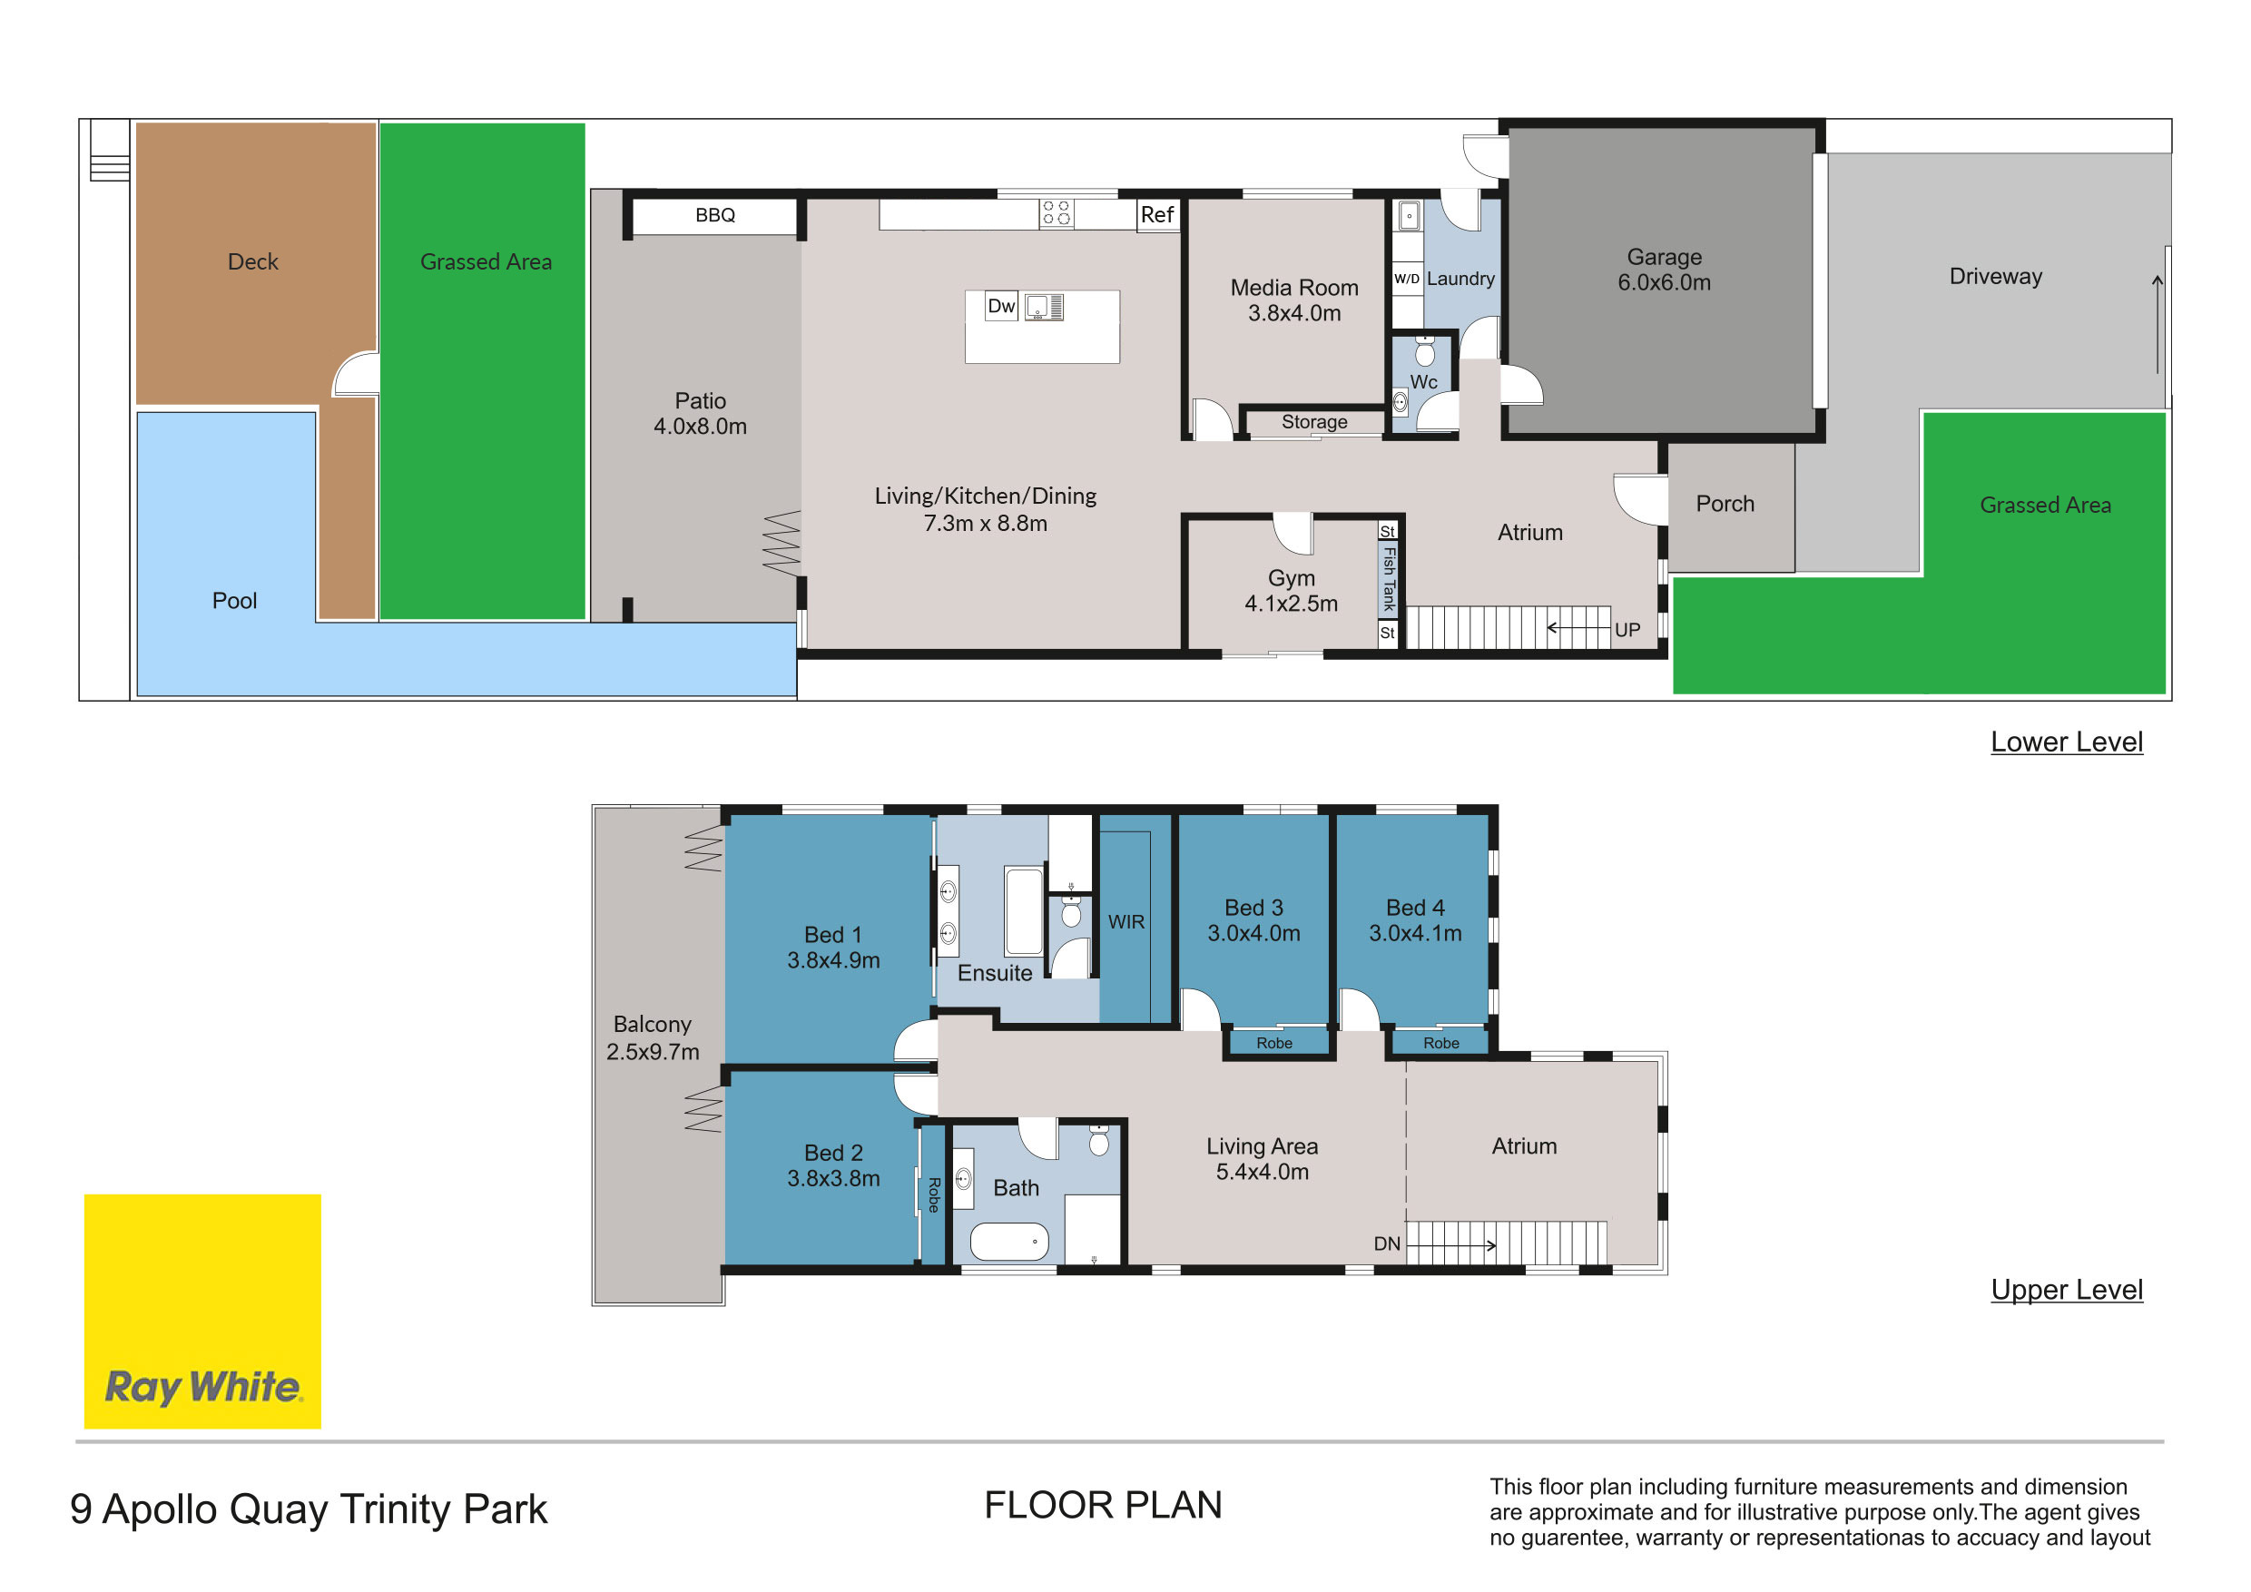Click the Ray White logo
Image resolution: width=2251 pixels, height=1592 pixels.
(x=202, y=1311)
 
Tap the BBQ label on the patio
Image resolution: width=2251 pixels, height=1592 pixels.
(x=714, y=216)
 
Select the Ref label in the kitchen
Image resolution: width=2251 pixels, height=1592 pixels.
(x=1157, y=215)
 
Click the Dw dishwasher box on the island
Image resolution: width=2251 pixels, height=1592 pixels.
(x=1001, y=307)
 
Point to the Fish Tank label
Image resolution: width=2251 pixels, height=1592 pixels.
(x=1388, y=578)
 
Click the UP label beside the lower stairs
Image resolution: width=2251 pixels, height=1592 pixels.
(x=1627, y=630)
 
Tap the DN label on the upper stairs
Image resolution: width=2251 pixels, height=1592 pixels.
(x=1386, y=1244)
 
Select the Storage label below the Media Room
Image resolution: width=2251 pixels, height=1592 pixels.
(x=1313, y=421)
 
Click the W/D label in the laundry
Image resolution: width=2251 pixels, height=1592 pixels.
(x=1407, y=280)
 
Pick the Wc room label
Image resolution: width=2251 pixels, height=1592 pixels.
(x=1423, y=382)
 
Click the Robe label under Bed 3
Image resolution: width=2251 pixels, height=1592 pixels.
(x=1274, y=1043)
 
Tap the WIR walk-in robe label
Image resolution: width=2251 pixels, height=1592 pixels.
(x=1126, y=922)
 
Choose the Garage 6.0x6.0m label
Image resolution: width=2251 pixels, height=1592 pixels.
(x=1664, y=270)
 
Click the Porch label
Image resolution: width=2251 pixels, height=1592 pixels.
(x=1725, y=504)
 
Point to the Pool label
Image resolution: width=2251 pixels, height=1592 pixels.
(x=234, y=601)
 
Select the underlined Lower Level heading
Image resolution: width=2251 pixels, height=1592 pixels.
(x=2067, y=742)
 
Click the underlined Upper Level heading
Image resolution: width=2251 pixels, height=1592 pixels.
(x=2067, y=1290)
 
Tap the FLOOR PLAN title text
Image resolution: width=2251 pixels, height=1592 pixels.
(x=1103, y=1506)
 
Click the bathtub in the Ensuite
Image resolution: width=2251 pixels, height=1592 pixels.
(x=1024, y=910)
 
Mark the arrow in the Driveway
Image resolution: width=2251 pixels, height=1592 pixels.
(x=2158, y=324)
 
